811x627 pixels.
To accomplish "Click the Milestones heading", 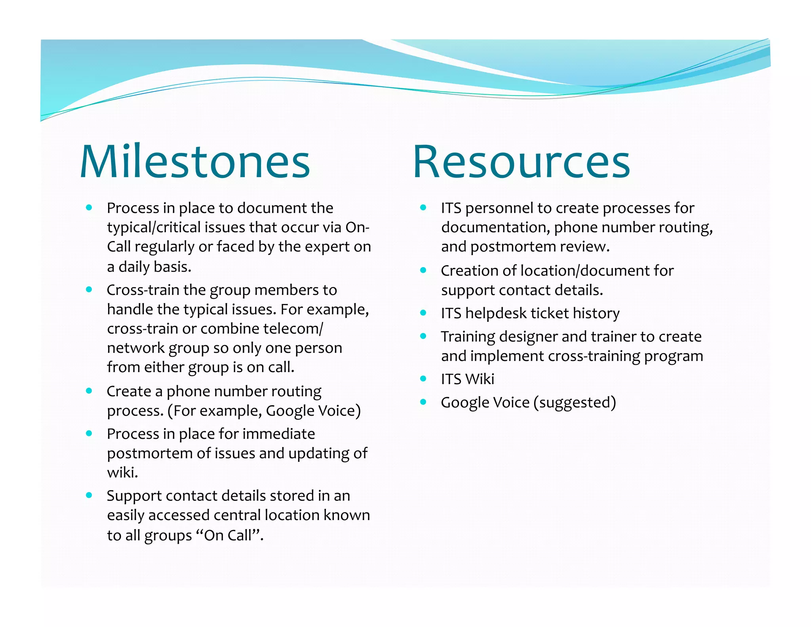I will tap(195, 162).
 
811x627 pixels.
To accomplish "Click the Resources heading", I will tap(521, 162).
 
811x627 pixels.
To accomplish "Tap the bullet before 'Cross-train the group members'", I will tap(89, 290).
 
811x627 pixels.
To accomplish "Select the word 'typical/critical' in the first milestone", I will tap(153, 227).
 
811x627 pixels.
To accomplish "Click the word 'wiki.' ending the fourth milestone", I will tap(122, 472).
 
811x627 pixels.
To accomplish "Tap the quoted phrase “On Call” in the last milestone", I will tap(228, 535).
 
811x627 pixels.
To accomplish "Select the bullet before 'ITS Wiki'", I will tap(423, 379).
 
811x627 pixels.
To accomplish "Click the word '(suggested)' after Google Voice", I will tap(575, 403).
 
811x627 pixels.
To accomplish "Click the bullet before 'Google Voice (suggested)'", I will tap(423, 402).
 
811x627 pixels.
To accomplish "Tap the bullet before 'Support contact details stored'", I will tap(89, 495).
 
